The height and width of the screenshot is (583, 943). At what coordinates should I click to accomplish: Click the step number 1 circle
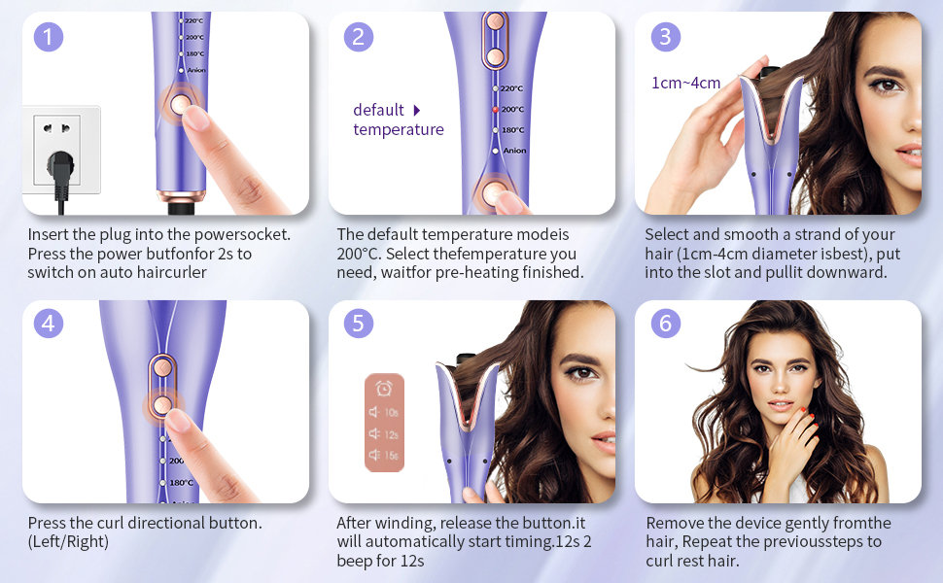tap(48, 37)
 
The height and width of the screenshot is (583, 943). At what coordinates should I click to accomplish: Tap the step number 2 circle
tap(359, 37)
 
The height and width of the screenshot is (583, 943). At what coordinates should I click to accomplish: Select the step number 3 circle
tap(666, 37)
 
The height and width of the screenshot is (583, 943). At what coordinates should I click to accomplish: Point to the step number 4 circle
tap(48, 324)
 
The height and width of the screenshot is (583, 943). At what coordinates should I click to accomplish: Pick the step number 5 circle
tap(359, 324)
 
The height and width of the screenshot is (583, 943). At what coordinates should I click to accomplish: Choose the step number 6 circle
tap(666, 324)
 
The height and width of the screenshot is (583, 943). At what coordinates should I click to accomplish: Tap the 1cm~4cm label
tap(685, 83)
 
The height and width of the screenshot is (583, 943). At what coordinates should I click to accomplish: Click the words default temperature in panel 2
tap(399, 120)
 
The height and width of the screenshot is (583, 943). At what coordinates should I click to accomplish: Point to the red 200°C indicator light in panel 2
tap(496, 110)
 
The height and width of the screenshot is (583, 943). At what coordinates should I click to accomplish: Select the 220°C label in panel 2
tap(511, 88)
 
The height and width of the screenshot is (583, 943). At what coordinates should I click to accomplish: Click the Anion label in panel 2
tap(514, 151)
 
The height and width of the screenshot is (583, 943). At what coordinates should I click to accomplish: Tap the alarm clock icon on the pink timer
tap(384, 389)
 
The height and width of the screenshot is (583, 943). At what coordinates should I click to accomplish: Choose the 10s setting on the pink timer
tap(384, 412)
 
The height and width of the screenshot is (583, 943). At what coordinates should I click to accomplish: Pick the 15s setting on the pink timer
tap(384, 455)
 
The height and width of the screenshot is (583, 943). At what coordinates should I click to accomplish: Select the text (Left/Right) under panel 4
tap(68, 541)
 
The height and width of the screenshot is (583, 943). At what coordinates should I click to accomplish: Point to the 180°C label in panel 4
tap(181, 483)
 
